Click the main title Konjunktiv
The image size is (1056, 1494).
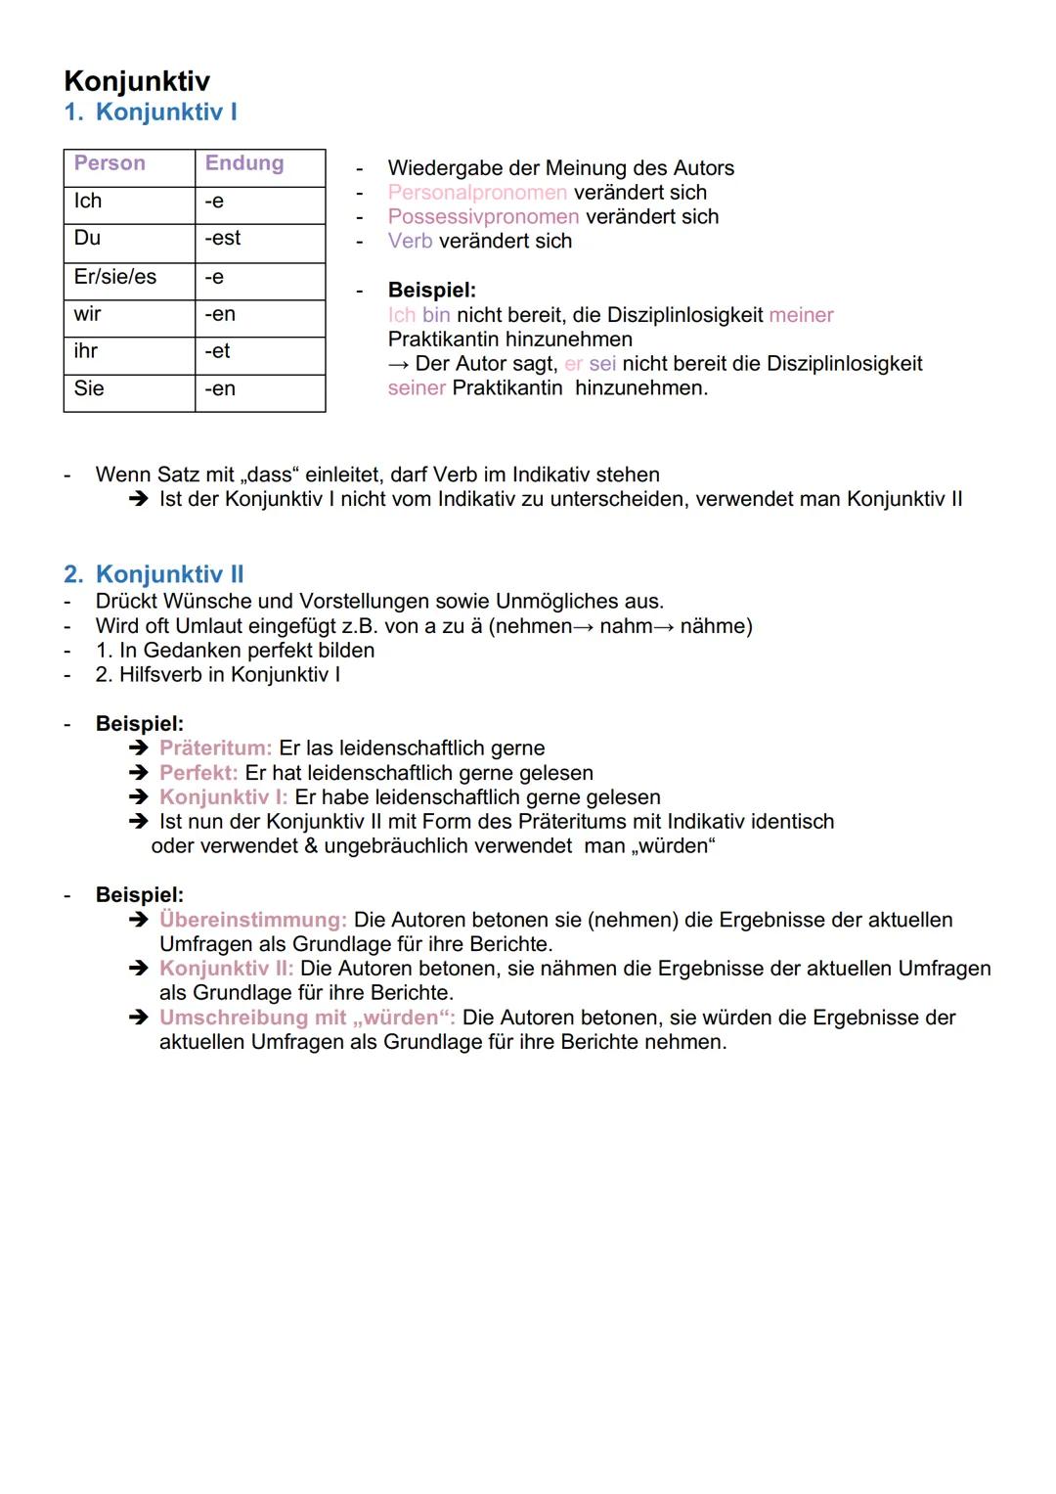(x=136, y=80)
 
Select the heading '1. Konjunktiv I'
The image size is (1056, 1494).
(x=151, y=112)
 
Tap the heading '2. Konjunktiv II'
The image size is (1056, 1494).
(x=154, y=574)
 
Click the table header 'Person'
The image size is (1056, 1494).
(x=110, y=163)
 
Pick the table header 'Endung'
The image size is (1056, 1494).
(x=243, y=163)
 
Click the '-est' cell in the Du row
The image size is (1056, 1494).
(x=222, y=239)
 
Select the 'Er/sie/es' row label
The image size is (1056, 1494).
(x=114, y=277)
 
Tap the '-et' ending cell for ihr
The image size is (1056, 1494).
(x=217, y=351)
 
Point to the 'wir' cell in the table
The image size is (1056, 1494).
(x=87, y=314)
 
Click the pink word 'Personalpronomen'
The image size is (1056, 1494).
(x=477, y=193)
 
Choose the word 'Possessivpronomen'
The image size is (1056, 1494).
(x=483, y=217)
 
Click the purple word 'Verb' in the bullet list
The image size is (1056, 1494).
(x=410, y=242)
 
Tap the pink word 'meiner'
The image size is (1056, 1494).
(x=801, y=315)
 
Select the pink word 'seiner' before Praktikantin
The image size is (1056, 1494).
(x=417, y=388)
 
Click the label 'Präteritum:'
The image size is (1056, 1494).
(x=215, y=748)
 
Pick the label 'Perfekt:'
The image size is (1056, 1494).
(x=198, y=773)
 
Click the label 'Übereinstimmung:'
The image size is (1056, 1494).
(x=253, y=920)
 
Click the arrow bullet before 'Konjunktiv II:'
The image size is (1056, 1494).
(x=138, y=969)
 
